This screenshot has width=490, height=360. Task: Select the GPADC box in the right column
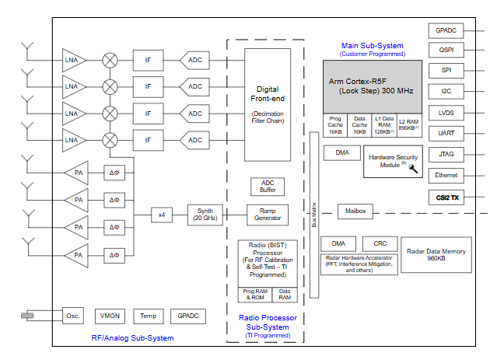coord(446,30)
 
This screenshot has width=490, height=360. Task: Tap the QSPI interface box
coord(446,51)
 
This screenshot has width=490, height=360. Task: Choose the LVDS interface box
coord(446,113)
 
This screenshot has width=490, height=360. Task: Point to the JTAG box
coord(446,155)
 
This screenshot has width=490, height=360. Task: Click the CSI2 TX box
coord(446,197)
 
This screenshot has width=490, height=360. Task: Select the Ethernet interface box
coord(446,176)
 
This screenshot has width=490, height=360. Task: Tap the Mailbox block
coord(355,211)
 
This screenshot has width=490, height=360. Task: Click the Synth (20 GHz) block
coord(205,214)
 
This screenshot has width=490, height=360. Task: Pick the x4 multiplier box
coord(162,214)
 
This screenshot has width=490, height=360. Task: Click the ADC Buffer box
coord(267,187)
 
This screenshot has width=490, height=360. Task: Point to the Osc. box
coord(74,316)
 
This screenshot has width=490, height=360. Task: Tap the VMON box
coord(109,316)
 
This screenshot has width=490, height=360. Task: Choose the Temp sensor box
coord(148,316)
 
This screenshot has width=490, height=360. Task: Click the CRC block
coord(380,243)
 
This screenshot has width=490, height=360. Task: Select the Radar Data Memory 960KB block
coord(436,255)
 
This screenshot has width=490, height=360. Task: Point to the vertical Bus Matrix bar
coord(315,215)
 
